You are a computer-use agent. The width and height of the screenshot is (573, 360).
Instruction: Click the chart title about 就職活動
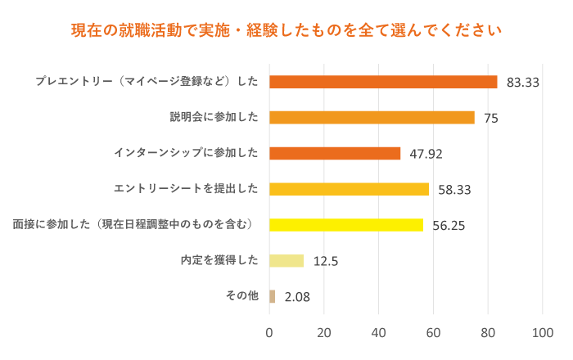pyautogui.click(x=286, y=32)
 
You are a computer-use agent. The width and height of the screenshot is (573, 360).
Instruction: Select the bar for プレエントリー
pyautogui.click(x=383, y=82)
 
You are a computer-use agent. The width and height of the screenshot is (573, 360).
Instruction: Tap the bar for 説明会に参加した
pyautogui.click(x=372, y=117)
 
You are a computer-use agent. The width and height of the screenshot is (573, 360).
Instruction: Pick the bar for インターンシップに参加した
pyautogui.click(x=335, y=153)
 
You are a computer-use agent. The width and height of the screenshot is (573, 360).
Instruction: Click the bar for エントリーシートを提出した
pyautogui.click(x=349, y=189)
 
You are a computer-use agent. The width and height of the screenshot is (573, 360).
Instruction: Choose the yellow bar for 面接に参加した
pyautogui.click(x=346, y=225)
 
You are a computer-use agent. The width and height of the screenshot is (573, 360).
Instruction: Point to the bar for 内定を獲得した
pyautogui.click(x=286, y=261)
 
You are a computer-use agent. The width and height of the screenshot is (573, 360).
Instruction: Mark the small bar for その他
pyautogui.click(x=273, y=296)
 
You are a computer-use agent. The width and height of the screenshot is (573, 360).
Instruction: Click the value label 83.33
pyautogui.click(x=523, y=83)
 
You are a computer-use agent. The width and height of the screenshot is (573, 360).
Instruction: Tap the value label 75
pyautogui.click(x=491, y=118)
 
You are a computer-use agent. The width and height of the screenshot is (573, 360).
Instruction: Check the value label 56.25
pyautogui.click(x=449, y=226)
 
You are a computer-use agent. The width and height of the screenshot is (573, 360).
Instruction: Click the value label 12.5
pyautogui.click(x=326, y=262)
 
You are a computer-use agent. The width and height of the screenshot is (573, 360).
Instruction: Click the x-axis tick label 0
pyautogui.click(x=269, y=333)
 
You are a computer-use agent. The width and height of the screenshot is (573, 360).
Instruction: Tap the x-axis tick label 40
pyautogui.click(x=379, y=333)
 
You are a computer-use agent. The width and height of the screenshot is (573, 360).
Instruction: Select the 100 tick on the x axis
pyautogui.click(x=543, y=333)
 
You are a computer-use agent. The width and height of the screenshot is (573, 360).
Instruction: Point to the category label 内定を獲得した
pyautogui.click(x=219, y=261)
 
